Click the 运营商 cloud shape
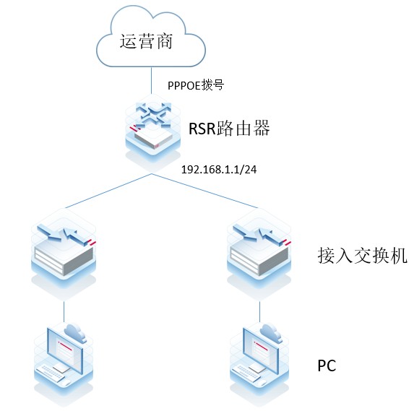(150, 40)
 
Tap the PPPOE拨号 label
(196, 85)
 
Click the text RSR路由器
(229, 129)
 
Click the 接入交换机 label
(362, 256)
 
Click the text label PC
(327, 366)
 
